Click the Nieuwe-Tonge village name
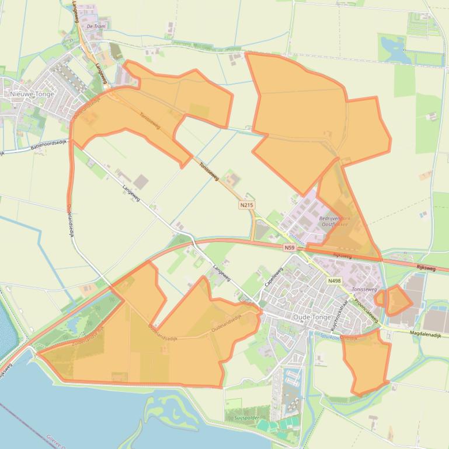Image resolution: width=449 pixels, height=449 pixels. coord(32,94)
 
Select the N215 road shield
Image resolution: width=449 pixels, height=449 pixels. coord(246,205)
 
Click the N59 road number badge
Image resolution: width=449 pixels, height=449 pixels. coord(289,248)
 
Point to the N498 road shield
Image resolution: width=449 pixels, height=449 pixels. coord(334,280)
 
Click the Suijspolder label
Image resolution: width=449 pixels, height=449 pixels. coord(242,418)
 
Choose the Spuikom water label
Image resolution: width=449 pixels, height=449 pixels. coord(327,336)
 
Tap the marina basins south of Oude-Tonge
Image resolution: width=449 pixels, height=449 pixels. coord(288,385)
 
